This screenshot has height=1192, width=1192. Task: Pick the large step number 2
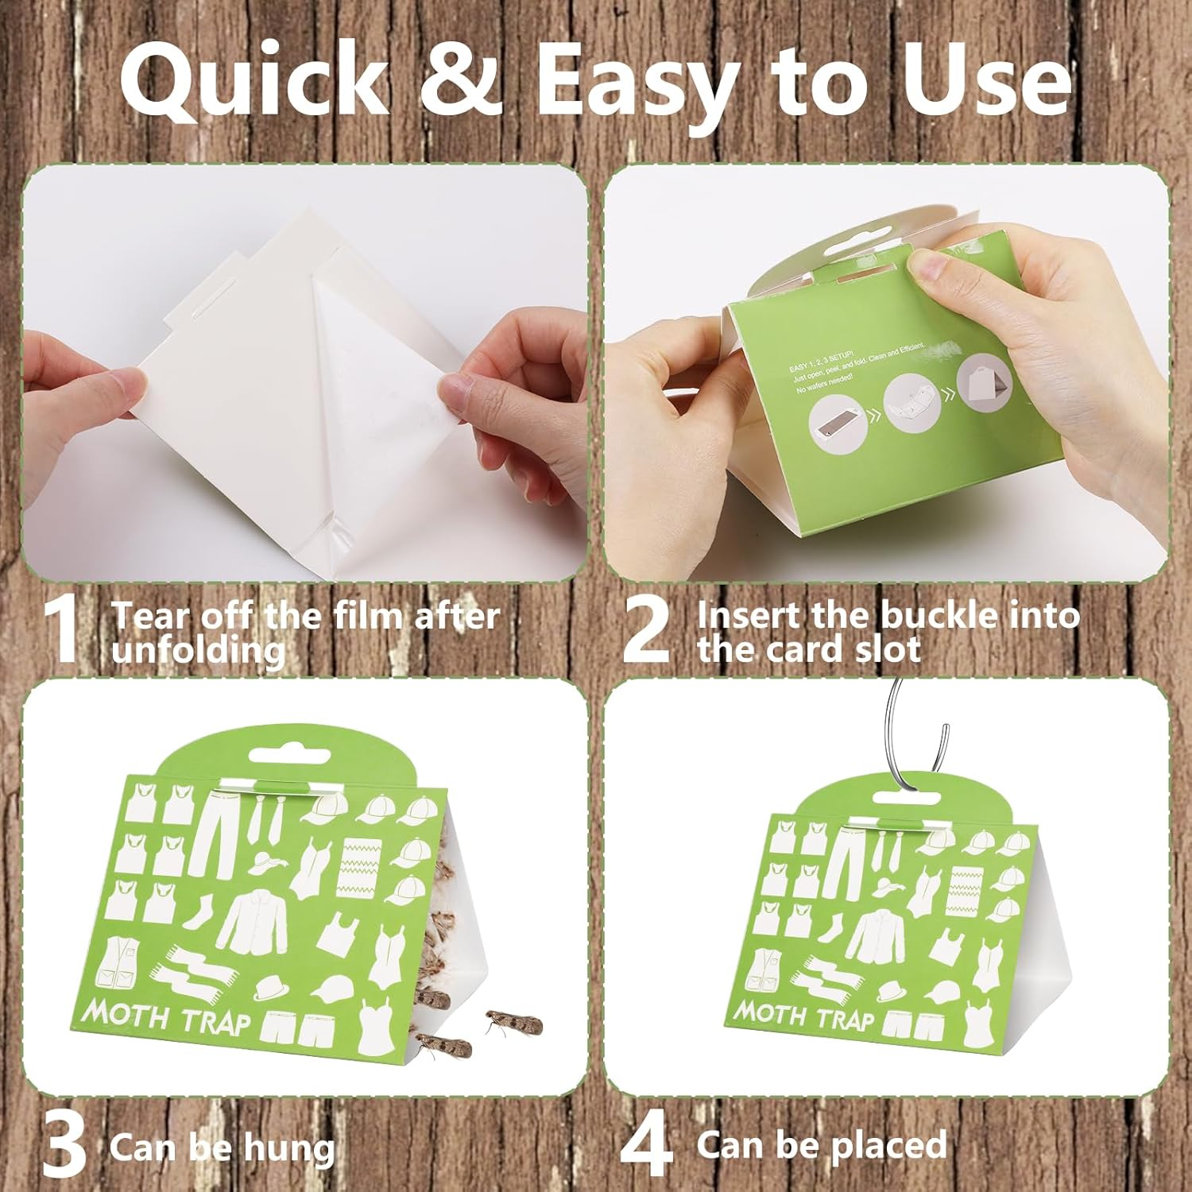pos(646,628)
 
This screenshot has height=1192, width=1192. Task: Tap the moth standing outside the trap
pos(513,1022)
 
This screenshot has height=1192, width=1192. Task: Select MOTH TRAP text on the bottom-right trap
pos(803,1015)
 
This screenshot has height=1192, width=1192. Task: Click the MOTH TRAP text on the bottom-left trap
pos(166,1016)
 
